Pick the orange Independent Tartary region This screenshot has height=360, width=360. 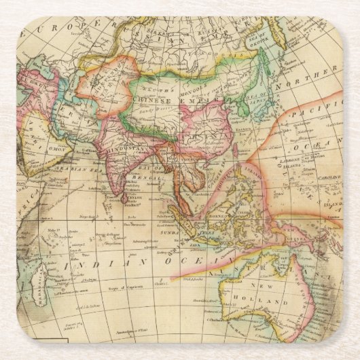point(102,82)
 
